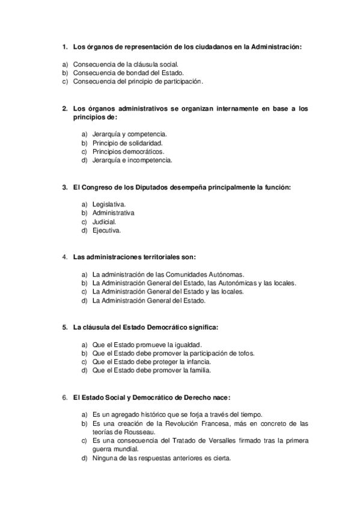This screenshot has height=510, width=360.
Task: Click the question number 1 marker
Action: coord(64,47)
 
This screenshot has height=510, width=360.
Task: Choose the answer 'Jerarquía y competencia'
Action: coord(129,134)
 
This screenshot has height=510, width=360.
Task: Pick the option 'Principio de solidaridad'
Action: coord(127,143)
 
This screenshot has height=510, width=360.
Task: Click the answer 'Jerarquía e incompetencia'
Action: coord(132,161)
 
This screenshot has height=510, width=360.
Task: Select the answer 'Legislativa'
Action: coord(109,204)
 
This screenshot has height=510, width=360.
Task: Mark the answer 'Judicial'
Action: coord(104,222)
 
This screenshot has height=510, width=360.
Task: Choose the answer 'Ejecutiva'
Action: coord(106,230)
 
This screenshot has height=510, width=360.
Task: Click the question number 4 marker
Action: coord(64,257)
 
